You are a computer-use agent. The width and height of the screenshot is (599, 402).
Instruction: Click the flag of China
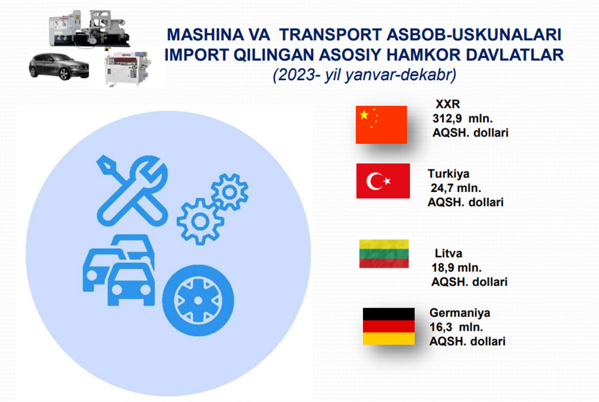click(381, 125)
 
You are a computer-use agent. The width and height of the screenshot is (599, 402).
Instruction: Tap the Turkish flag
click(383, 181)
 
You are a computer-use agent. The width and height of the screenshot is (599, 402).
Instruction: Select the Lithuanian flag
click(384, 254)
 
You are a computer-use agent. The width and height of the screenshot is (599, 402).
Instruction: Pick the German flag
click(388, 327)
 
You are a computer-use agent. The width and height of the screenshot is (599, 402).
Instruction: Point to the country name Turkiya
click(448, 174)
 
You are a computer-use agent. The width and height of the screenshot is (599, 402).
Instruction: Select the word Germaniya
click(460, 312)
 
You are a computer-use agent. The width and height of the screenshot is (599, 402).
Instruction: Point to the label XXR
click(448, 104)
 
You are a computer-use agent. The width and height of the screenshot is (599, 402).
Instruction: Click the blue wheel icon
click(198, 301)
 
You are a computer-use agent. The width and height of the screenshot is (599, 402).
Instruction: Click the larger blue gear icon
click(200, 221)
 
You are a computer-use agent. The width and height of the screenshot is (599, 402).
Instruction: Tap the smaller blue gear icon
click(230, 192)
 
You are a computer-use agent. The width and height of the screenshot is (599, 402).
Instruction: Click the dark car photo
click(59, 66)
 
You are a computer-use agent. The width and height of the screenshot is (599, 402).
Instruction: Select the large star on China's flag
click(364, 114)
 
